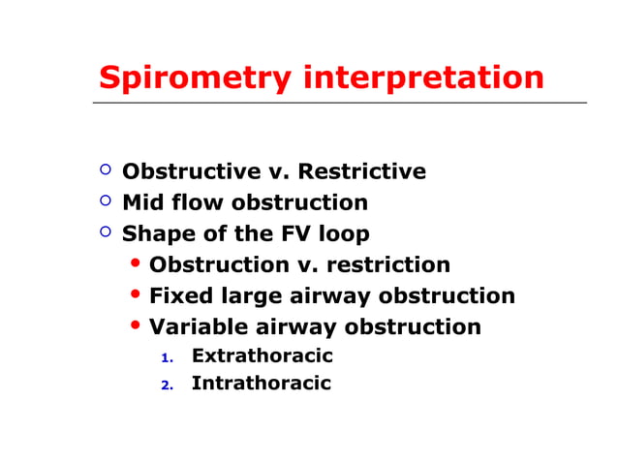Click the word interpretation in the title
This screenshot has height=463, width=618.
click(423, 77)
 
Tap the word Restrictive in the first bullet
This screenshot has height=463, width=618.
click(361, 172)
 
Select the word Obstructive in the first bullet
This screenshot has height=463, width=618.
click(191, 172)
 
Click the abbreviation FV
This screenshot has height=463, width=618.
click(294, 234)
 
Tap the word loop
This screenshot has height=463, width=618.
click(343, 234)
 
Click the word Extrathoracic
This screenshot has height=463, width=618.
click(262, 356)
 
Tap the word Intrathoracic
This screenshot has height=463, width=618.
click(261, 384)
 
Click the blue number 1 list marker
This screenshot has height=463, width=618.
click(167, 358)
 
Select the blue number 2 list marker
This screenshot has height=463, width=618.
click(167, 386)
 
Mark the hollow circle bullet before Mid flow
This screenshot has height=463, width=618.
click(106, 201)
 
